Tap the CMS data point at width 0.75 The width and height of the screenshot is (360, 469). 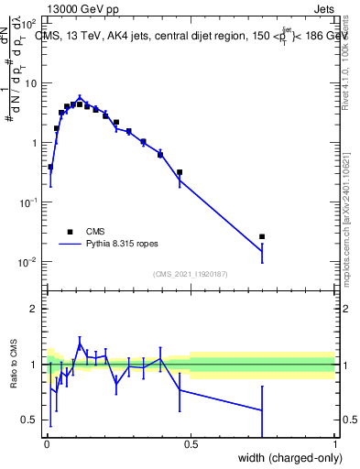262,236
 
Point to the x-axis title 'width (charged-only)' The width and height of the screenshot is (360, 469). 286,458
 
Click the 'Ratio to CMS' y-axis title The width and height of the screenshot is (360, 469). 15,365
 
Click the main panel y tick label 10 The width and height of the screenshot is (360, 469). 30,83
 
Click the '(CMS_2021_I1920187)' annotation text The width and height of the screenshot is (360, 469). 191,273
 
